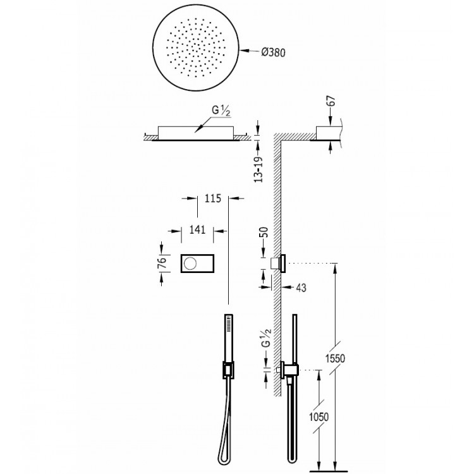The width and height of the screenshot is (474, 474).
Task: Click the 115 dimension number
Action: coord(212,199)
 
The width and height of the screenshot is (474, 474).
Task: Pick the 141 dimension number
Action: coord(198,230)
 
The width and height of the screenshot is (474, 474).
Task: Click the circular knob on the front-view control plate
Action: coord(190,260)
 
